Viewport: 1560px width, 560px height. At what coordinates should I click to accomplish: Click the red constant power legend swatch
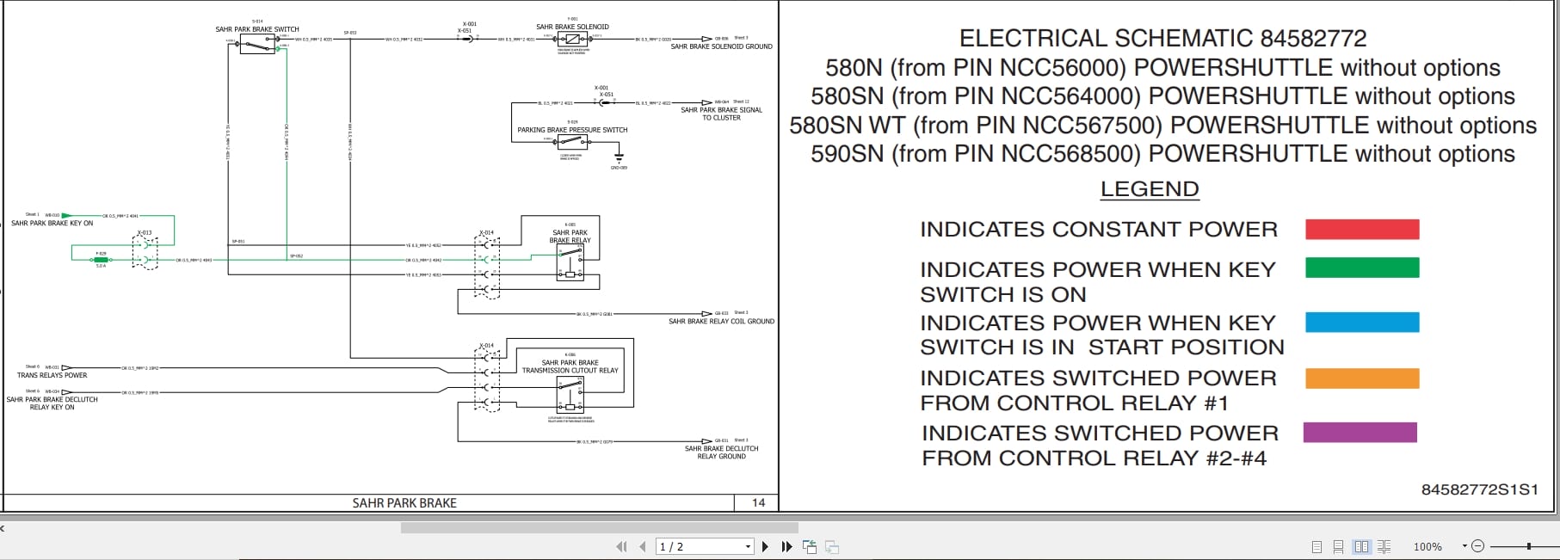[1361, 229]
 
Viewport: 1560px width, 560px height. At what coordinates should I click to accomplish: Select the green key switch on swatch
[1361, 268]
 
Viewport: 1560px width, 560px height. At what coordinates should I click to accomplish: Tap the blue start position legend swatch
[1361, 322]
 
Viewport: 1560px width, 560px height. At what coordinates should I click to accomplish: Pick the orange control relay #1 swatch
[1361, 378]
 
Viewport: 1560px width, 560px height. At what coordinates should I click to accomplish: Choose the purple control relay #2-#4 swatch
[1360, 432]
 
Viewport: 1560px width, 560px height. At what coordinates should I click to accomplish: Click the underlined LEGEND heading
[1149, 189]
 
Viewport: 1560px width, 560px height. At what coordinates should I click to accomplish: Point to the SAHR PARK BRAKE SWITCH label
[257, 29]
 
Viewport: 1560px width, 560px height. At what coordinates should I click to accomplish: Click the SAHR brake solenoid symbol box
[572, 40]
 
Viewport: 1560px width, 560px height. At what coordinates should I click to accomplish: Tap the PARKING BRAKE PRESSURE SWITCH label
[572, 130]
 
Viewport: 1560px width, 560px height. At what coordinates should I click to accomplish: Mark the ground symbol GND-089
[619, 158]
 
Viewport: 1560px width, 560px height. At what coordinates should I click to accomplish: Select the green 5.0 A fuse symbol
[101, 259]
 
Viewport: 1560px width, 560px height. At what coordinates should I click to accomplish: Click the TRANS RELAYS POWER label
[52, 375]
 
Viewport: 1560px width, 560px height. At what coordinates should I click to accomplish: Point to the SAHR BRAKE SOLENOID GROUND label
[721, 46]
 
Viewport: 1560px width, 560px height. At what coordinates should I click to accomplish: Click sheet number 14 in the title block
[758, 502]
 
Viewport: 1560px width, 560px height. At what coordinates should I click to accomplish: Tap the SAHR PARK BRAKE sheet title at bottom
[404, 502]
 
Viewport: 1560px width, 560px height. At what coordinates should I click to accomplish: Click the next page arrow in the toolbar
[765, 546]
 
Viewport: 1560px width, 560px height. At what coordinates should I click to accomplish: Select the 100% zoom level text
[1427, 546]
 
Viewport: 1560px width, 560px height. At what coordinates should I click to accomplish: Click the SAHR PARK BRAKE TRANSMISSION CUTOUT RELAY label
[570, 366]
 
